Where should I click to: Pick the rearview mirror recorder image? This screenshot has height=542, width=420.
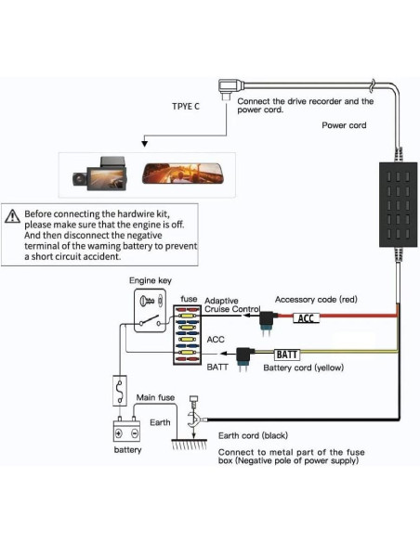point(182,174)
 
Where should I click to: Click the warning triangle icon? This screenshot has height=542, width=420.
point(12,216)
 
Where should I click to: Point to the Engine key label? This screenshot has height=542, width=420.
point(151,280)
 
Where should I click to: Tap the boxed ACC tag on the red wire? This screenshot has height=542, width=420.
point(306,318)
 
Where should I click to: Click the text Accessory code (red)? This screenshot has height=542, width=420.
point(316,300)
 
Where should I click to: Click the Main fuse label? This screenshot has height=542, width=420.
point(155,398)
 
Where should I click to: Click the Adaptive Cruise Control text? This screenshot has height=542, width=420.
point(231,305)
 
